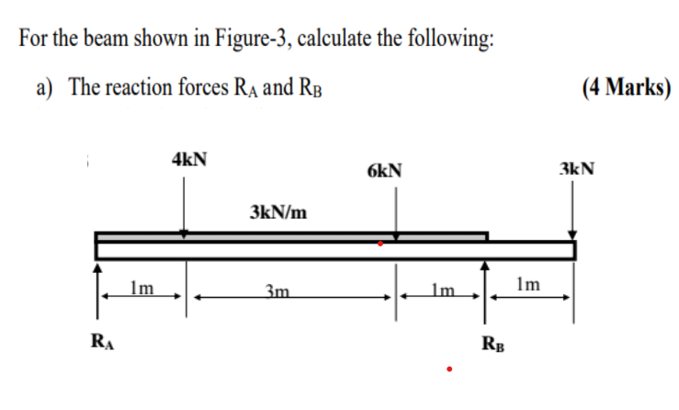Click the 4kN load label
point(188,158)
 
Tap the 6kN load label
point(383,170)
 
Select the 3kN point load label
point(576,169)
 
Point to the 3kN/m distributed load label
point(277,213)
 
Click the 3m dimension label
point(276,292)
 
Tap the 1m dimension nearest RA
point(141,289)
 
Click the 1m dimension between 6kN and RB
point(440,292)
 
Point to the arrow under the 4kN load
point(186,206)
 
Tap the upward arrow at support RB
point(487,285)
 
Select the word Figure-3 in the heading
point(249,40)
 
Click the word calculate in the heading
point(341,40)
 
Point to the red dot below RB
point(449,370)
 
